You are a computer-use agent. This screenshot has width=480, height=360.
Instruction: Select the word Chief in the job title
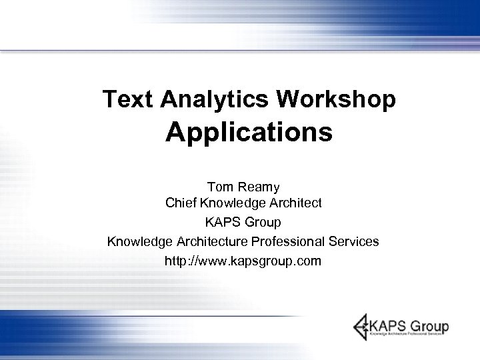(181, 202)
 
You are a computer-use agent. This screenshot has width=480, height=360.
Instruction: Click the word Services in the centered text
(355, 241)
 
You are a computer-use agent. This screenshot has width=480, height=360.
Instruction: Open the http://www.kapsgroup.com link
(243, 260)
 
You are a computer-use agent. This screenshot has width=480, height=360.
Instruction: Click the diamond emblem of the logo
(362, 326)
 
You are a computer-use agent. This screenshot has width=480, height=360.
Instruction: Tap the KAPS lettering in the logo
(389, 327)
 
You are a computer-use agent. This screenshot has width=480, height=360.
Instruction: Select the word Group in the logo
(430, 327)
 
